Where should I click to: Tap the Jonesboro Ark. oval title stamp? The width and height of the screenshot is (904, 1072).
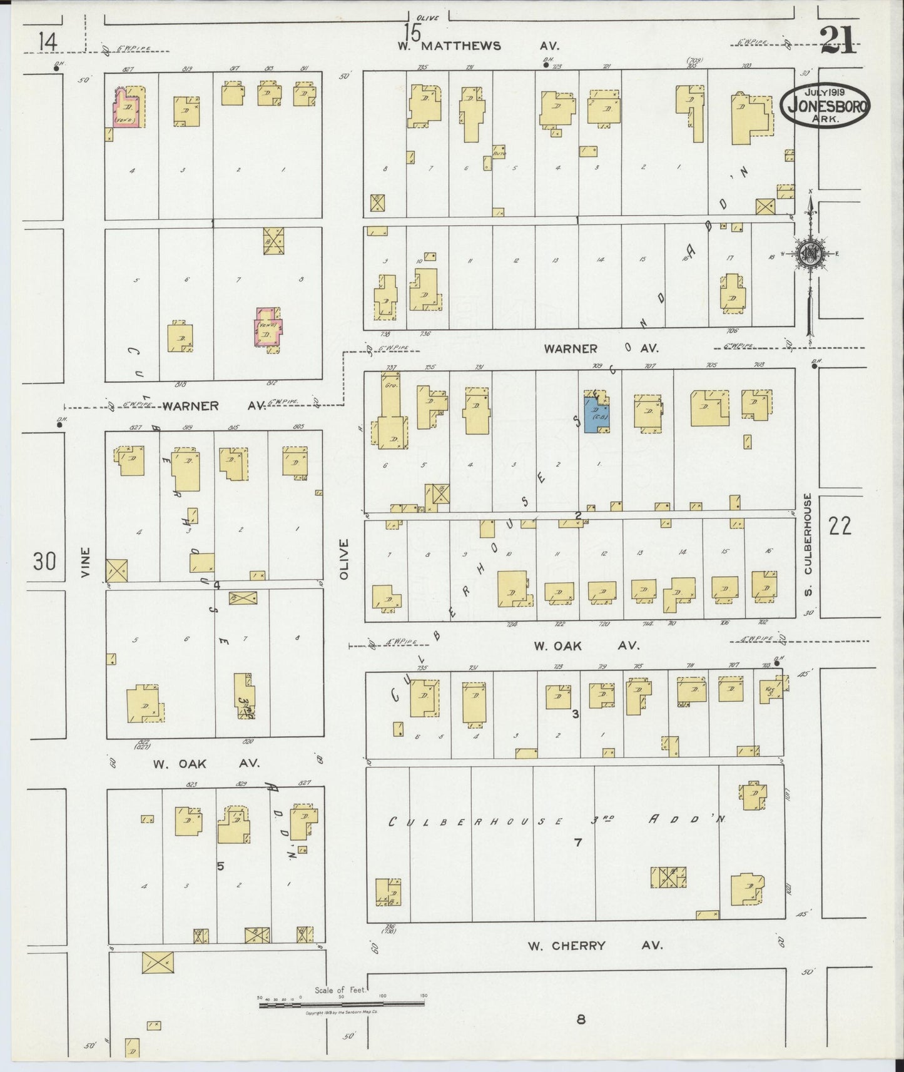[x=825, y=107]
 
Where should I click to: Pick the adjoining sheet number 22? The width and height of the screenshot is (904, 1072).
[x=839, y=527]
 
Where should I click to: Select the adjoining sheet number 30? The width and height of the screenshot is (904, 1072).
[x=44, y=562]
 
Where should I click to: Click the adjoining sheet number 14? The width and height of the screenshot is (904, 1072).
[x=48, y=43]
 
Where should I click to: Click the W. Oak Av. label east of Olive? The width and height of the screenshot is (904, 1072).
[x=585, y=647]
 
